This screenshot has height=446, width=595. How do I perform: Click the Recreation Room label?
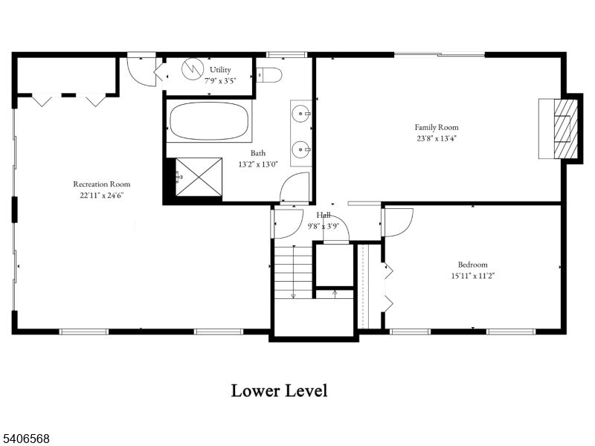click(x=101, y=184)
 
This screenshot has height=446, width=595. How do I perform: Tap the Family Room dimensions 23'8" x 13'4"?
click(x=437, y=138)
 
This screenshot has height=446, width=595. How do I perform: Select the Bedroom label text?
click(x=472, y=265)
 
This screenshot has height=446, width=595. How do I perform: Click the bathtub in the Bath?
click(x=209, y=121)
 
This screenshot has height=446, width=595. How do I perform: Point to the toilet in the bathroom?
click(x=268, y=74)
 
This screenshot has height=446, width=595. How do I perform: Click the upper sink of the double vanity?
click(x=300, y=114)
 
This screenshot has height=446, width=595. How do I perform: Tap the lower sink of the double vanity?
click(x=300, y=149)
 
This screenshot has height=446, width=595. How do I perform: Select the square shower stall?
click(x=197, y=176)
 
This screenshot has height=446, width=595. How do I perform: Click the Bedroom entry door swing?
click(x=397, y=222)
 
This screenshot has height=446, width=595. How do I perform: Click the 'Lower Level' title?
click(x=279, y=390)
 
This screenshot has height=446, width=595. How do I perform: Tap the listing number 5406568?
click(x=26, y=439)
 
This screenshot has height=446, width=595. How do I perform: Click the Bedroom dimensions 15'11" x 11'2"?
click(x=472, y=275)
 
